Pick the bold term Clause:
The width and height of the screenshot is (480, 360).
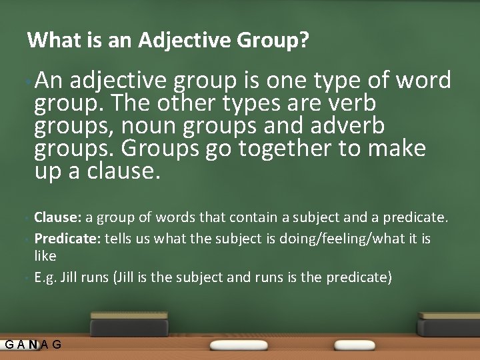point(57,217)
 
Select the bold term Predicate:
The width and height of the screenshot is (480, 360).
point(67,239)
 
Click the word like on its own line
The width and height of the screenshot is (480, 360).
point(45,256)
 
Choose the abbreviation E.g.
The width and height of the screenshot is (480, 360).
point(45,277)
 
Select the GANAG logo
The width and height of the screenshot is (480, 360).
point(33,345)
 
